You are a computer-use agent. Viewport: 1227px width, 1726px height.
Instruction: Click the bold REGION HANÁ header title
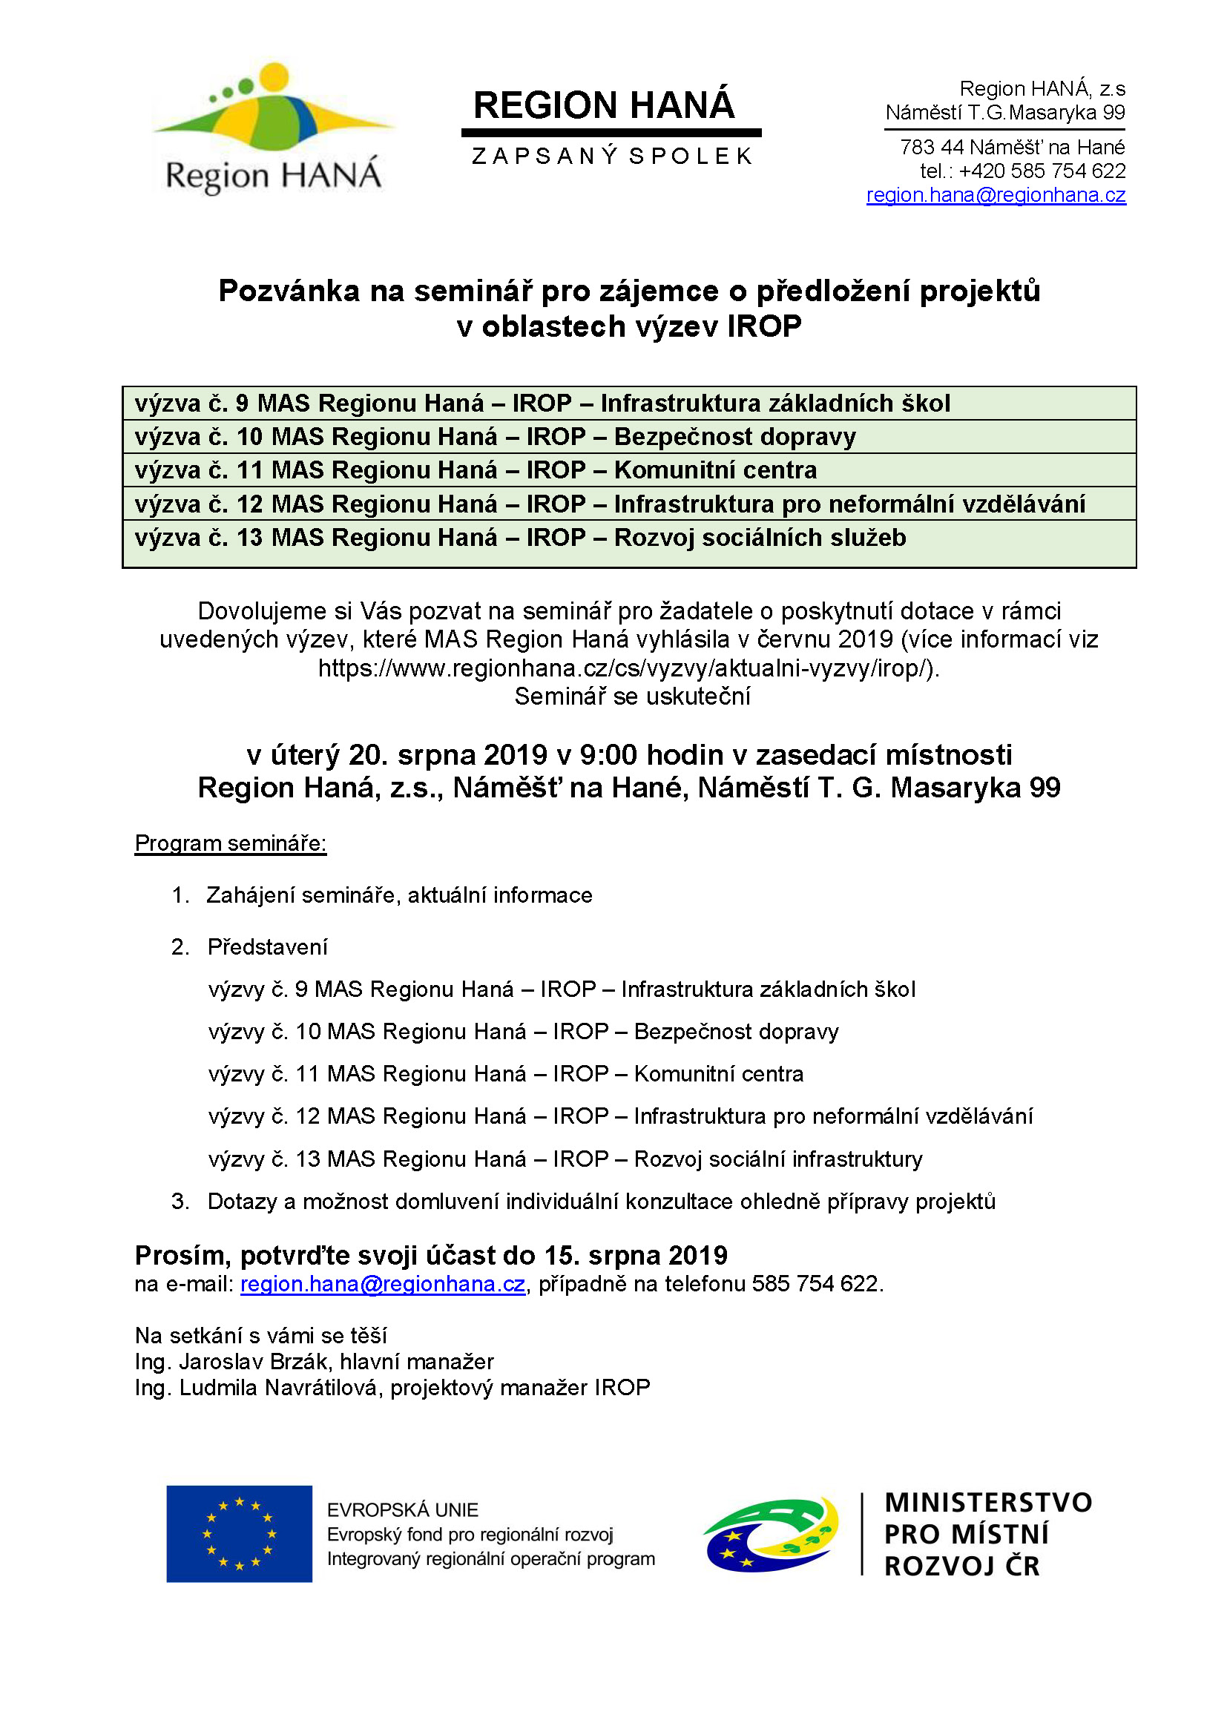(604, 105)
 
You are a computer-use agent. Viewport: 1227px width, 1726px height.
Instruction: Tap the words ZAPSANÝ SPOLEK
(612, 157)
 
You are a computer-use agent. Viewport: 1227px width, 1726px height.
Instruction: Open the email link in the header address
(995, 195)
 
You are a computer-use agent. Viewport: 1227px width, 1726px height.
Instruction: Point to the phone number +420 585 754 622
(1042, 171)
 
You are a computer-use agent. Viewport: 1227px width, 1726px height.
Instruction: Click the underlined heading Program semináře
(231, 843)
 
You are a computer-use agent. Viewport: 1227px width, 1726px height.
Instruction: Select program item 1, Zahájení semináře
(399, 895)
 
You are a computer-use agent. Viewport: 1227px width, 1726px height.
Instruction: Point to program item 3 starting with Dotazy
(601, 1201)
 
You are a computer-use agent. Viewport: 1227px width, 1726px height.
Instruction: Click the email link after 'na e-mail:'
(382, 1284)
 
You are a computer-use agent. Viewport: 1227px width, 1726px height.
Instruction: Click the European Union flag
(239, 1533)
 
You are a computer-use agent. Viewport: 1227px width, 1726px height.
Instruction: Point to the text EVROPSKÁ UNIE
(403, 1510)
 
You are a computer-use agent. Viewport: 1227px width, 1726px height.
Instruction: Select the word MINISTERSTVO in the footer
(987, 1503)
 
